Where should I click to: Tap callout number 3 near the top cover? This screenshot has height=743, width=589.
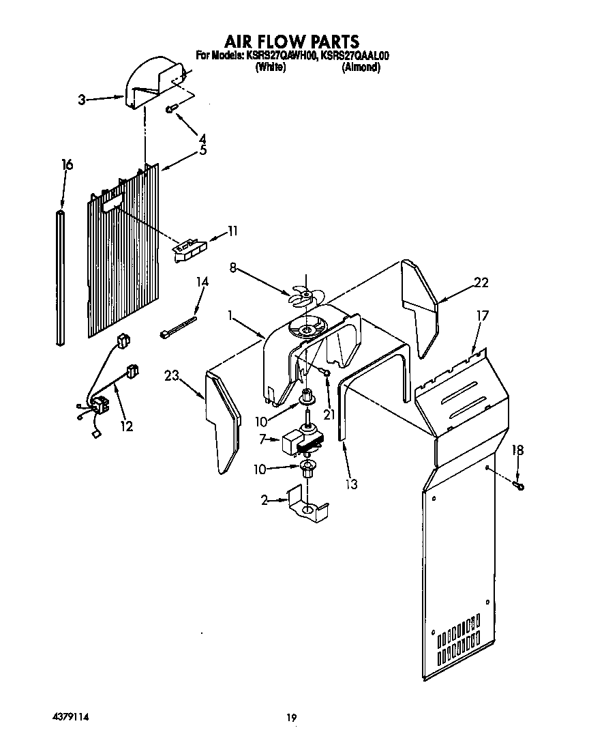82,100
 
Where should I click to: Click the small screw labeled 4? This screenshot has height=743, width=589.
171,108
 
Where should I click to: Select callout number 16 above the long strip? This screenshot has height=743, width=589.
67,165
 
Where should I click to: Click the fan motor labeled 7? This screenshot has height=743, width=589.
298,441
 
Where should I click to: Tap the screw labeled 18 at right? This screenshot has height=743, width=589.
519,485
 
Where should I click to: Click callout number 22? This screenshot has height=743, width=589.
481,282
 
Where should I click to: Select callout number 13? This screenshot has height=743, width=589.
352,484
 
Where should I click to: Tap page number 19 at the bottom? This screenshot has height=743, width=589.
292,717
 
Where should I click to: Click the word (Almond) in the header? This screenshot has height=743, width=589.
361,68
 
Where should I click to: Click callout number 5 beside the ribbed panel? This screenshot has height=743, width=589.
202,151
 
